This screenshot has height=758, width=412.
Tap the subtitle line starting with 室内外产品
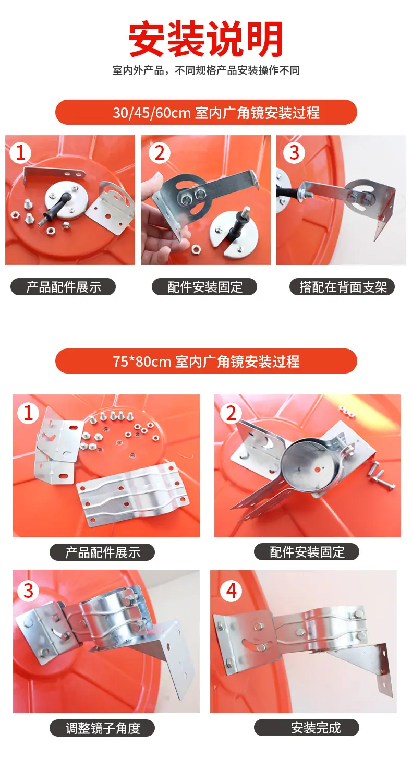205,70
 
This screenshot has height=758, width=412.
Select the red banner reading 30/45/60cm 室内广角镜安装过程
206,112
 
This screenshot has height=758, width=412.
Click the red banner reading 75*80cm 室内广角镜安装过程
206,361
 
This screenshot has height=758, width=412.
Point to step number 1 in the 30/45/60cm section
21,153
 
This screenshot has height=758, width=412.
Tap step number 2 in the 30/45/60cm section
159,153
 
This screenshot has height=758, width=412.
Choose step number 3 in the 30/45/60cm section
294,153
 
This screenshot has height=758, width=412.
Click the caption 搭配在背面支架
342,287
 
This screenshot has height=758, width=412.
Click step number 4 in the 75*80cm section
231,591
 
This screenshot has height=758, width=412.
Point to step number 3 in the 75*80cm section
28,591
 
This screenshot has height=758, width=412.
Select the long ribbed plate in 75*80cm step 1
132,494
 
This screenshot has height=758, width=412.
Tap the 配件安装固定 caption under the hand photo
204,287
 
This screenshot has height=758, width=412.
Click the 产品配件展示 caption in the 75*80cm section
102,552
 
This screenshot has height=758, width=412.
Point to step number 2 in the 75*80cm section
231,413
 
